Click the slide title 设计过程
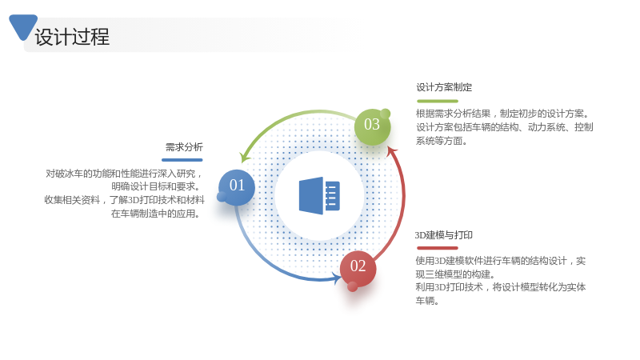pos(72,37)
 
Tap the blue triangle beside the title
pos(23,26)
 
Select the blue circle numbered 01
pos(237,187)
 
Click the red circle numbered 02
pos(358,269)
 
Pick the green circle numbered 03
pos(372,127)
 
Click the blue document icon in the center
pos(319,195)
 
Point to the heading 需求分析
pos(184,147)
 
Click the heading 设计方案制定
pos(444,87)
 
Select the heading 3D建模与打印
pos(444,235)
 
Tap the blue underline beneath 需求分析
pos(182,159)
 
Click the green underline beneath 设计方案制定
pos(438,101)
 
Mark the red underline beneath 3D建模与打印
pos(438,248)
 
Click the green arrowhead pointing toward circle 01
pos(245,157)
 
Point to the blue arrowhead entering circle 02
pos(337,278)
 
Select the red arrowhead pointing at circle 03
pos(392,151)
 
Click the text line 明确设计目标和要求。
pos(155,186)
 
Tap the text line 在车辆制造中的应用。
pos(155,214)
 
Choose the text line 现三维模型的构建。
pos(455,274)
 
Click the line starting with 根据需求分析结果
pos(502,114)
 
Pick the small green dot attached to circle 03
pos(385,114)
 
